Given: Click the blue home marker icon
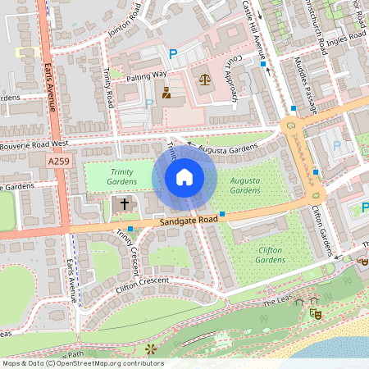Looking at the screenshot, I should click(184, 177).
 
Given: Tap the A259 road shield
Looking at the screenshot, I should click(58, 162).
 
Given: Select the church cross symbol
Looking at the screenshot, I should click(125, 203).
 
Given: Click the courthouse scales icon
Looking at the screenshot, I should click(204, 79).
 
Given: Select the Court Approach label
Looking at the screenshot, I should click(232, 79).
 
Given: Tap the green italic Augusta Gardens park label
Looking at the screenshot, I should click(245, 184).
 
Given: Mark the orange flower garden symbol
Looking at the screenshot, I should click(150, 350).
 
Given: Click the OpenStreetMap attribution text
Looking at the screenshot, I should click(82, 363).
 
